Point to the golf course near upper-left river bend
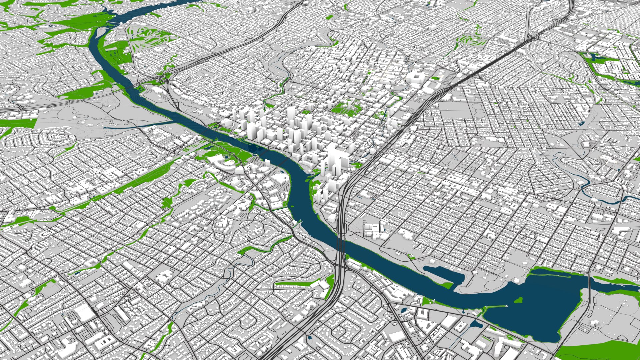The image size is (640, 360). [147, 37]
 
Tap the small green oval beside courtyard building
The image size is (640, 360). [435, 78]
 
